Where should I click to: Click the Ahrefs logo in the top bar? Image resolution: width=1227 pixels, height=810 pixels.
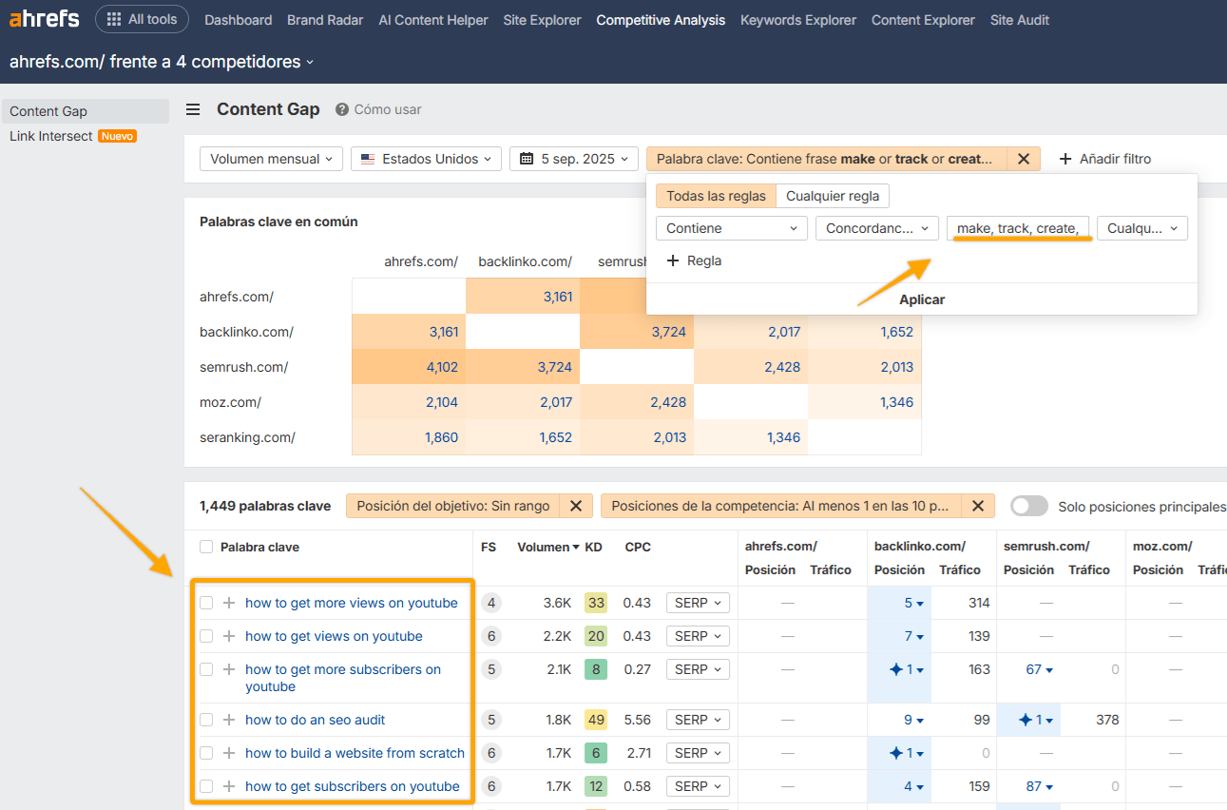click(45, 19)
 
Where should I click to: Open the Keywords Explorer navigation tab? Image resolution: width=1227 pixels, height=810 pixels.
click(797, 20)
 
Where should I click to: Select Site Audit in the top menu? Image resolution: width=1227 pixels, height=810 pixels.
click(1019, 20)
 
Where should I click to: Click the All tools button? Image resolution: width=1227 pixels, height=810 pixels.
click(142, 19)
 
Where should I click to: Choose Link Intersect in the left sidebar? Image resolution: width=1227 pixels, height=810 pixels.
click(51, 136)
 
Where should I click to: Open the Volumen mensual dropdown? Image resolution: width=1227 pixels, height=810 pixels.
click(271, 159)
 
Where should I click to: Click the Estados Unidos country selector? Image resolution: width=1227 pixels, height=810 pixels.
click(426, 159)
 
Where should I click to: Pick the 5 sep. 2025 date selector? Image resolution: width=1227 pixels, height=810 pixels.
click(573, 159)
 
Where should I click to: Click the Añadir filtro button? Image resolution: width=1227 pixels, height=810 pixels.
click(1104, 159)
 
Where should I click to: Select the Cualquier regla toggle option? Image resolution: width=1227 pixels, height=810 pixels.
click(833, 196)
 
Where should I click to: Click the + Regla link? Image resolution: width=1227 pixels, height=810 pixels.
click(694, 260)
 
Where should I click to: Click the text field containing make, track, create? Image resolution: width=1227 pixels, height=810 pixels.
click(1017, 228)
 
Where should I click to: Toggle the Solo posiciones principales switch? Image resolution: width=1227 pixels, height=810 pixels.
click(1029, 506)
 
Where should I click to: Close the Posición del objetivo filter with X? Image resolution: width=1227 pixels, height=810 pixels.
click(575, 506)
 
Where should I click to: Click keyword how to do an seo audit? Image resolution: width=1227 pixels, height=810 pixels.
click(315, 720)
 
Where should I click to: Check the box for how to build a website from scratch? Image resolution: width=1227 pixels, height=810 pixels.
click(206, 753)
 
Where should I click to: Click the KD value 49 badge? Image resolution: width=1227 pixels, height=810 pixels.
click(596, 720)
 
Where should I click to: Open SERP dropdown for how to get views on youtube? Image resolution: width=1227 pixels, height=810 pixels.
click(697, 636)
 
